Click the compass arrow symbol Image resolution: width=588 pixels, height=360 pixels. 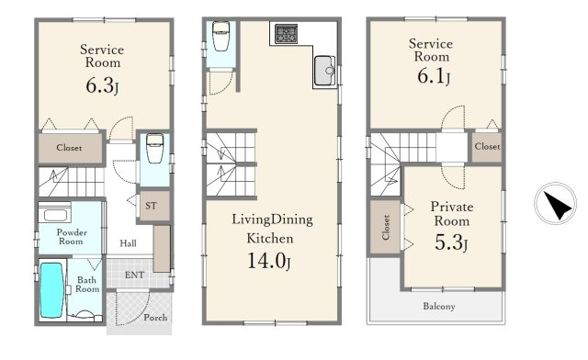(x=558, y=205)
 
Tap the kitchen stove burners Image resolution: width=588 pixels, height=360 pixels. (x=286, y=33)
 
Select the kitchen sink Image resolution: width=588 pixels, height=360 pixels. (x=324, y=71)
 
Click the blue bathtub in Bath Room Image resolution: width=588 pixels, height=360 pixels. (x=51, y=290)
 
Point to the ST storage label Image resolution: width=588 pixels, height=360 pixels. (x=151, y=206)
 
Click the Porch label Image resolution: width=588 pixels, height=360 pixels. (x=155, y=318)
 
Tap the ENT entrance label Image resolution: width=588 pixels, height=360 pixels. (x=134, y=275)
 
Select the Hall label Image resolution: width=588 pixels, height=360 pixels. (x=128, y=243)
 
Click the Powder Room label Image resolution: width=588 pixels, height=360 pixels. (x=72, y=237)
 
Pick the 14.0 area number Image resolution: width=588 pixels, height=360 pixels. (x=266, y=260)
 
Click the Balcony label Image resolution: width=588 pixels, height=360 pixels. (x=439, y=307)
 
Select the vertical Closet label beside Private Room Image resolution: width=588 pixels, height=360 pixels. (x=386, y=227)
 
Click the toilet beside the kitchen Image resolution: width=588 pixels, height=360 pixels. (x=220, y=36)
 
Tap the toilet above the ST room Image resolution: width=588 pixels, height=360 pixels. (x=154, y=149)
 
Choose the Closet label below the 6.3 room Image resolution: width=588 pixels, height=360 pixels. (x=69, y=147)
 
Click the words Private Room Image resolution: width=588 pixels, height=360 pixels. (x=451, y=214)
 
